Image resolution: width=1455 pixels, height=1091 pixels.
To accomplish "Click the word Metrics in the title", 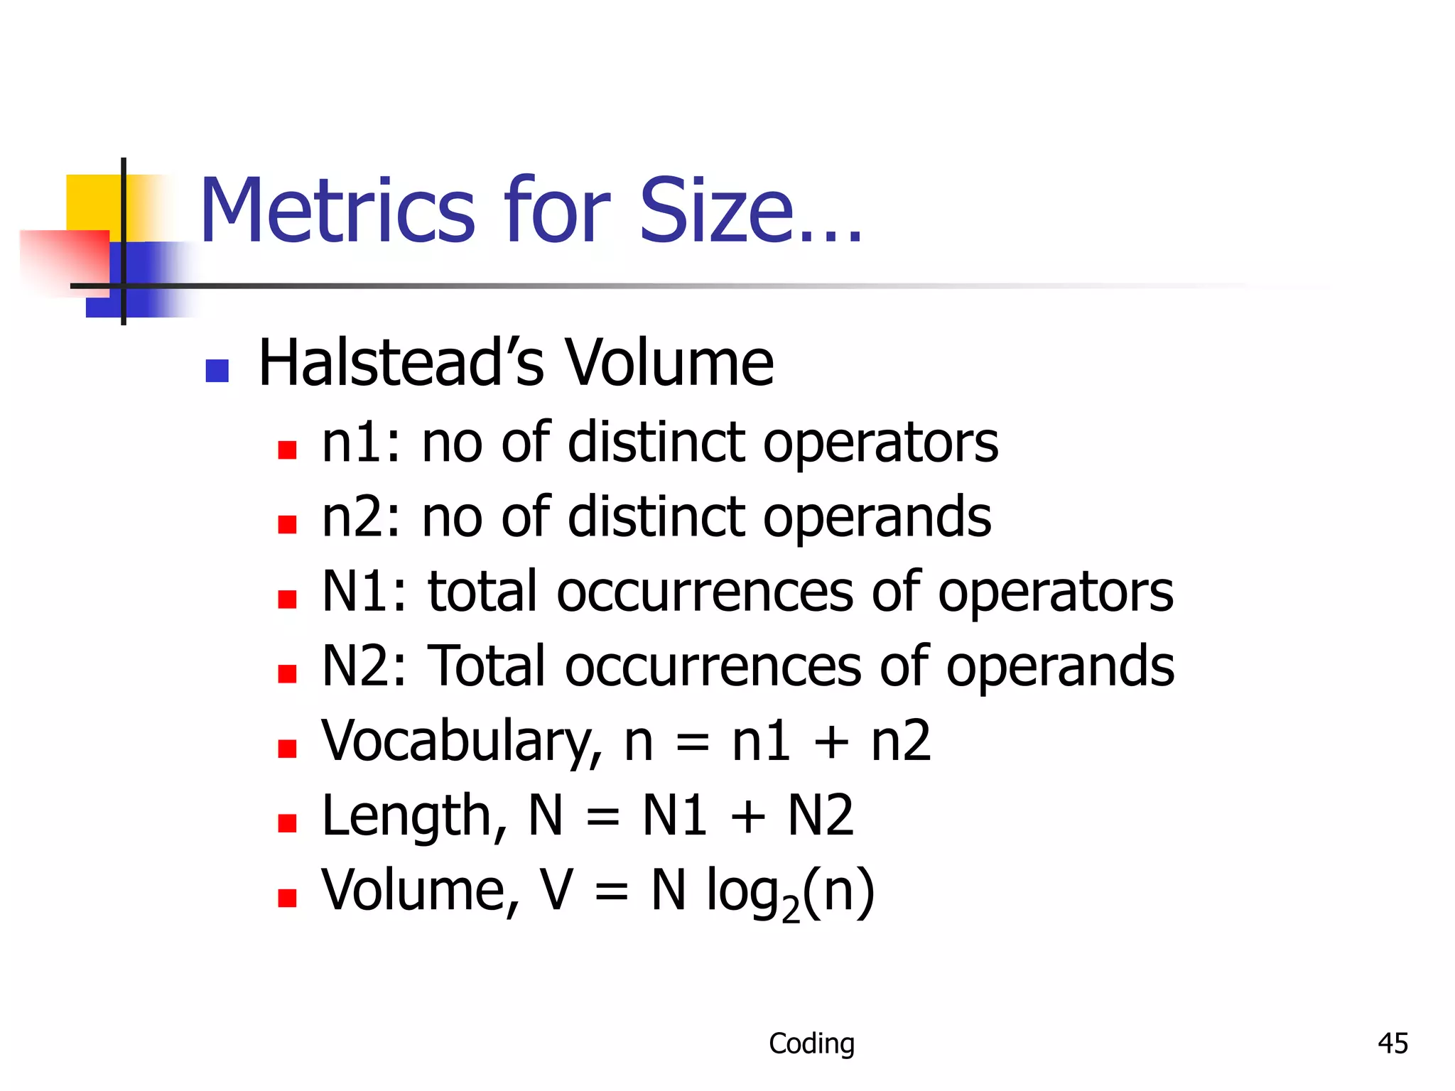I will pyautogui.click(x=337, y=211).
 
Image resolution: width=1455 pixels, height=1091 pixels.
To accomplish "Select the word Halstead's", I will pyautogui.click(x=401, y=364).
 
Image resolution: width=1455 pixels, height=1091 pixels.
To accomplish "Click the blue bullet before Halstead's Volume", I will pyautogui.click(x=217, y=370).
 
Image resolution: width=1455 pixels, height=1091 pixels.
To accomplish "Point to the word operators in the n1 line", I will pyautogui.click(x=880, y=443).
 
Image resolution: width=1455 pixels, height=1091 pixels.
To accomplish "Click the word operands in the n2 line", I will pyautogui.click(x=877, y=518).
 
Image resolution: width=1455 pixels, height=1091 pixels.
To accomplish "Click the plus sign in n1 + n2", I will pyautogui.click(x=831, y=743).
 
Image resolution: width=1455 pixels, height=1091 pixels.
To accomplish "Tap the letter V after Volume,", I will pyautogui.click(x=556, y=891).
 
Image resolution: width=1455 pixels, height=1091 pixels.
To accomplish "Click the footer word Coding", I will pyautogui.click(x=811, y=1043).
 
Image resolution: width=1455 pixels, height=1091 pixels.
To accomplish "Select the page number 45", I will pyautogui.click(x=1392, y=1043).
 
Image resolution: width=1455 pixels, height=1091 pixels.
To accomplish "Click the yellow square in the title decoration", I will pyautogui.click(x=92, y=202).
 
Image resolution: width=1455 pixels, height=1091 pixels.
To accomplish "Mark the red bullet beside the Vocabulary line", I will pyautogui.click(x=287, y=749).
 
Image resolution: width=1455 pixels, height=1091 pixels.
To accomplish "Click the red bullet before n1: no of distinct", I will pyautogui.click(x=287, y=450).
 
